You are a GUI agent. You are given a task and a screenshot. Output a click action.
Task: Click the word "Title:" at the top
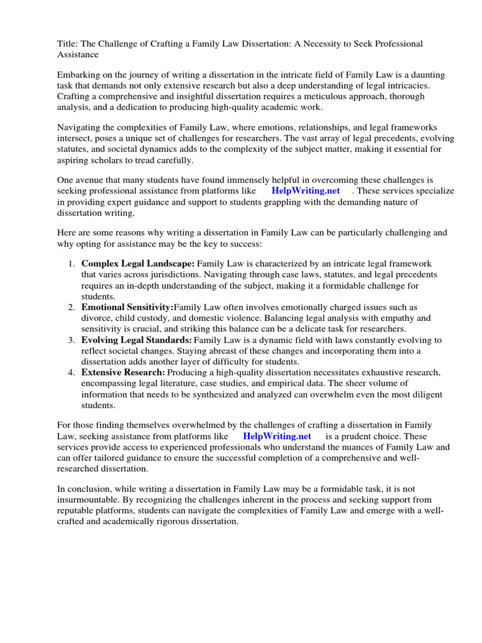point(68,43)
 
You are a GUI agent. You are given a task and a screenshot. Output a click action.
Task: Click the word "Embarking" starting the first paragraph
point(78,75)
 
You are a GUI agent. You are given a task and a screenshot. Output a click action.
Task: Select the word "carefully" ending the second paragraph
point(173,160)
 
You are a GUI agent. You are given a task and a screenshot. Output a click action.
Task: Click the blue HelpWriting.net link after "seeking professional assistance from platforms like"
point(306,190)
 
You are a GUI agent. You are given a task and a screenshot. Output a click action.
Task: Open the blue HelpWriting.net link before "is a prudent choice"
point(277,436)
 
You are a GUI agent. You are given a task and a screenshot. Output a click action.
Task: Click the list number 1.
point(72,263)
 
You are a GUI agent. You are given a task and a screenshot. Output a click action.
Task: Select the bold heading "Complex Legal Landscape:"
point(138,263)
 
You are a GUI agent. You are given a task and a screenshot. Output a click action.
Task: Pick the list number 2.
point(72,307)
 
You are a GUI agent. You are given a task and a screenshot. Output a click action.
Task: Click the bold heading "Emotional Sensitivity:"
point(127,307)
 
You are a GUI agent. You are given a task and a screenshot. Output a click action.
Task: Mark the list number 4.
point(72,372)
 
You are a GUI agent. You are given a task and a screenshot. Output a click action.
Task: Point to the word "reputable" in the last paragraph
point(78,511)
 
